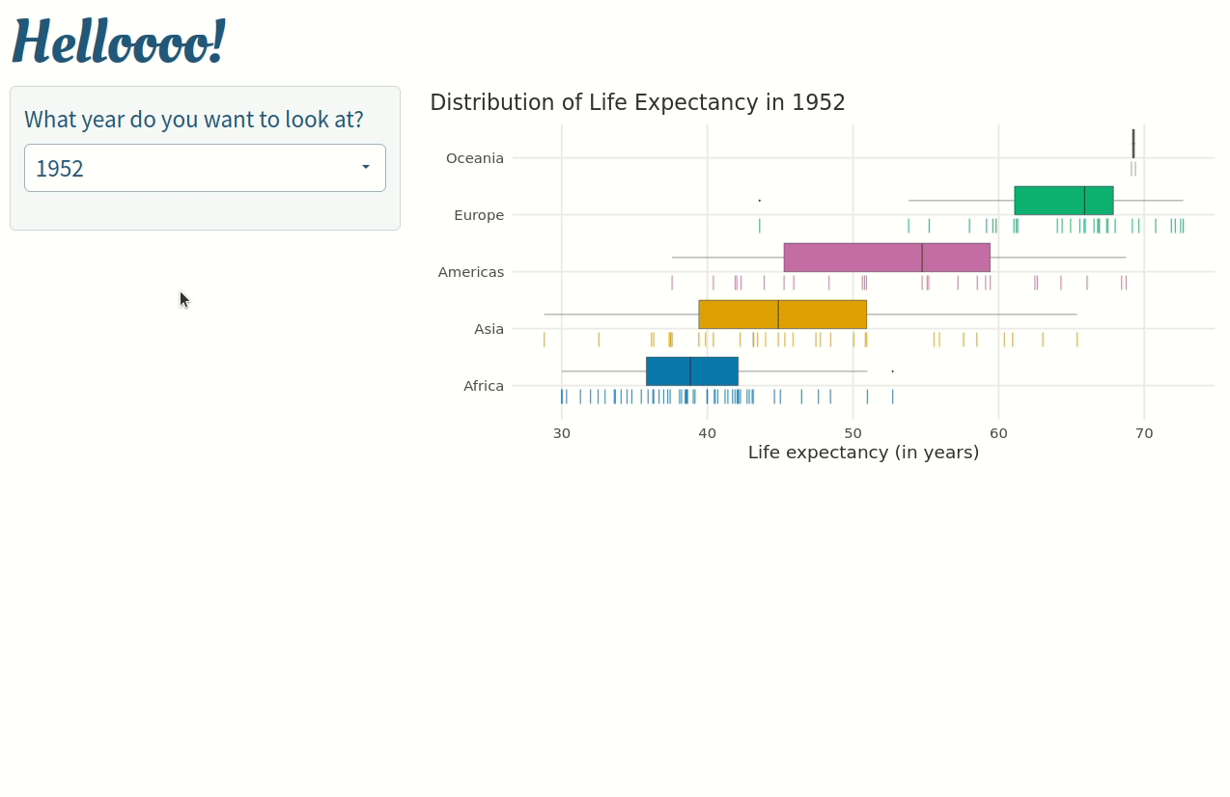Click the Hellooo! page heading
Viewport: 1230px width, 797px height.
click(x=118, y=41)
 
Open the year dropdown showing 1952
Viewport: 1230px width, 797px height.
click(x=193, y=168)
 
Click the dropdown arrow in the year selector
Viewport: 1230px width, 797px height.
click(x=366, y=167)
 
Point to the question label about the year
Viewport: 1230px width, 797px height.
click(x=194, y=120)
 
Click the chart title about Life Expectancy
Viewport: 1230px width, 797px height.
click(x=637, y=102)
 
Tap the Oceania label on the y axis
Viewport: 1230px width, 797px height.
click(x=475, y=158)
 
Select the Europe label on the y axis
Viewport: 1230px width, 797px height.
click(x=479, y=215)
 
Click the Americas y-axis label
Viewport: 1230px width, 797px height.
click(x=471, y=272)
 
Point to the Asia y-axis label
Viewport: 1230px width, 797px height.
click(x=489, y=329)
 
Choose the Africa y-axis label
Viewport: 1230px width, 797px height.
click(x=484, y=386)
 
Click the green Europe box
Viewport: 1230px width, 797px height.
click(x=1063, y=201)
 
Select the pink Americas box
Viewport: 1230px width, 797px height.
click(x=886, y=258)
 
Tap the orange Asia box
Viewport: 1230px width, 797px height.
click(x=782, y=315)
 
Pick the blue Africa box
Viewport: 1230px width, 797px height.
click(x=691, y=371)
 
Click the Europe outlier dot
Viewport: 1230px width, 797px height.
click(x=760, y=200)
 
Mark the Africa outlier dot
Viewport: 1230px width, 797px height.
click(x=892, y=371)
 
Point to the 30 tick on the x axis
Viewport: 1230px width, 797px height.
click(x=562, y=433)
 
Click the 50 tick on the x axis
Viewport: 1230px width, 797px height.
click(x=853, y=433)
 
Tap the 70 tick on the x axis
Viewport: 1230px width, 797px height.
click(x=1144, y=433)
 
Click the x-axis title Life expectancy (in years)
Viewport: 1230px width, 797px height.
click(x=863, y=453)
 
